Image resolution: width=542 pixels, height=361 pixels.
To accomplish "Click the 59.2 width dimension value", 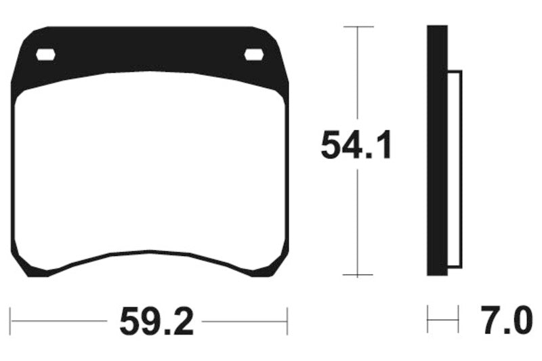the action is click(157, 322).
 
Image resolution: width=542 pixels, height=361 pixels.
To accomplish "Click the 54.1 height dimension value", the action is click(356, 144).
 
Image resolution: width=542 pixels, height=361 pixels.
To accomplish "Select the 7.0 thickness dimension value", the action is click(506, 320).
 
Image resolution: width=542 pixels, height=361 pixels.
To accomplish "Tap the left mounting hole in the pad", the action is click(45, 55).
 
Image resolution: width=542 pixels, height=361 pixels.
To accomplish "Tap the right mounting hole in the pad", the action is click(254, 55).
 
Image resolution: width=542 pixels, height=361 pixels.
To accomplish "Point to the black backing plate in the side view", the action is click(437, 150).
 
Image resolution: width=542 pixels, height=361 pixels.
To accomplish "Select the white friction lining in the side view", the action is click(455, 169).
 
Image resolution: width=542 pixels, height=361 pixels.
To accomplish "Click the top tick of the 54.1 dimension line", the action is click(358, 26).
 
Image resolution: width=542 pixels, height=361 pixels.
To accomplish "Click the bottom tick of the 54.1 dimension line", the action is click(358, 275).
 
